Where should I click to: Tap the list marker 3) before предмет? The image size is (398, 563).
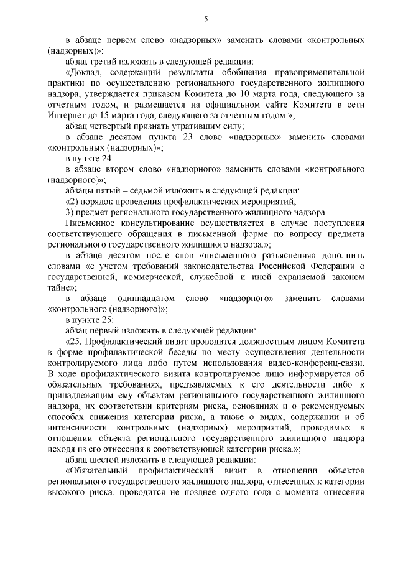[x=70, y=212]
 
